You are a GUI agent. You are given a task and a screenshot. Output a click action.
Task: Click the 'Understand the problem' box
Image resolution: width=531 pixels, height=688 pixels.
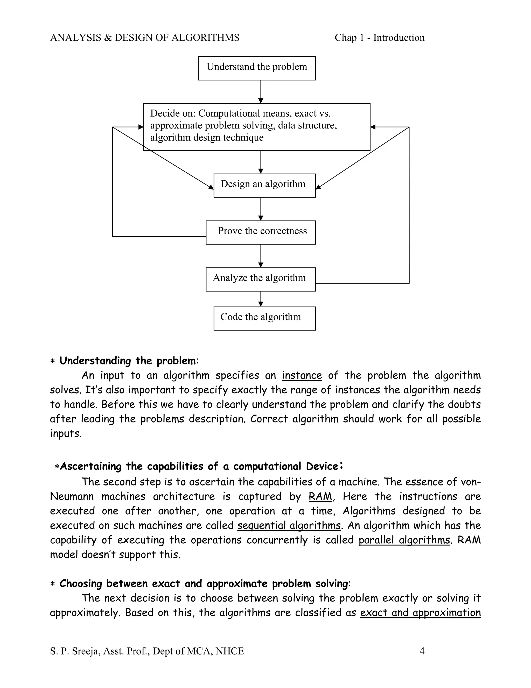[x=257, y=68]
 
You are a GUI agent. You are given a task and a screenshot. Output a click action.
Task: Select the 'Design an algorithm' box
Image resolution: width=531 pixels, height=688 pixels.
[x=264, y=185]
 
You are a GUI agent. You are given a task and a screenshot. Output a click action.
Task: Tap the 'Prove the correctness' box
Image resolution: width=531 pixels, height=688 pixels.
[x=261, y=232]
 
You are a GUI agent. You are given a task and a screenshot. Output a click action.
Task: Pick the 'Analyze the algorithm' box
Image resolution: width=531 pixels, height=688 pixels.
[x=261, y=279]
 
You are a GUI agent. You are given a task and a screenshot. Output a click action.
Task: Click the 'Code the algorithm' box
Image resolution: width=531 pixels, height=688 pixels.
[x=264, y=318]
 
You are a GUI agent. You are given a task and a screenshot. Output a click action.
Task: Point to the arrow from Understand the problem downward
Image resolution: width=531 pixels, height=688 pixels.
[x=261, y=92]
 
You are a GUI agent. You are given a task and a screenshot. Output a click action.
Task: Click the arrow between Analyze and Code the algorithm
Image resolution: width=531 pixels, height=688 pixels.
[x=261, y=299]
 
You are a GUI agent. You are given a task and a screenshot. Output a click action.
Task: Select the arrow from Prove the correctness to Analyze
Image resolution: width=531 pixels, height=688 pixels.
[x=261, y=256]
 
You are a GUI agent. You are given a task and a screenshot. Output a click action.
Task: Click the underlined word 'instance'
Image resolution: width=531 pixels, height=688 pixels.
[x=302, y=375]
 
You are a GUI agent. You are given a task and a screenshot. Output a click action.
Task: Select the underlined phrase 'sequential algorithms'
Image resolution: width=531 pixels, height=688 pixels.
[x=289, y=525]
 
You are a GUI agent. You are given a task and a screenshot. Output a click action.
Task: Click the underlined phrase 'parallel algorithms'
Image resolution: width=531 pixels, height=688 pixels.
[x=404, y=540]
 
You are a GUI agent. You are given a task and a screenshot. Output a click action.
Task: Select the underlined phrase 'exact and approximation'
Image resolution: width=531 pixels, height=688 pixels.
[x=420, y=612]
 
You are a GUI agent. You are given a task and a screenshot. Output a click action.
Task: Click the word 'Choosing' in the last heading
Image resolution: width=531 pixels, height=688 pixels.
[x=81, y=583]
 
